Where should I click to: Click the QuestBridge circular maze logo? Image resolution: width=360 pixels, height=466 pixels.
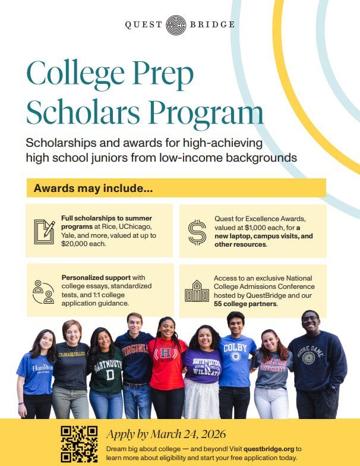point(175,25)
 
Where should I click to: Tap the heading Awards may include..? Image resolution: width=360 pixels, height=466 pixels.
point(93,188)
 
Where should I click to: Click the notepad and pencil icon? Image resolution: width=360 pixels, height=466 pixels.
point(43,231)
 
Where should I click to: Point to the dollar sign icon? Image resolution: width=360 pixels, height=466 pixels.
point(197,231)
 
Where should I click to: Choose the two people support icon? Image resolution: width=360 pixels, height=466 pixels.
point(43,291)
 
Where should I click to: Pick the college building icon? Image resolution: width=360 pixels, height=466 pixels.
point(197,291)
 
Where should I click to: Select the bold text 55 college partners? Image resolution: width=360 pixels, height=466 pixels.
point(245,304)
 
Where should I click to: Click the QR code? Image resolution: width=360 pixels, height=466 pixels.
point(80,443)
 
